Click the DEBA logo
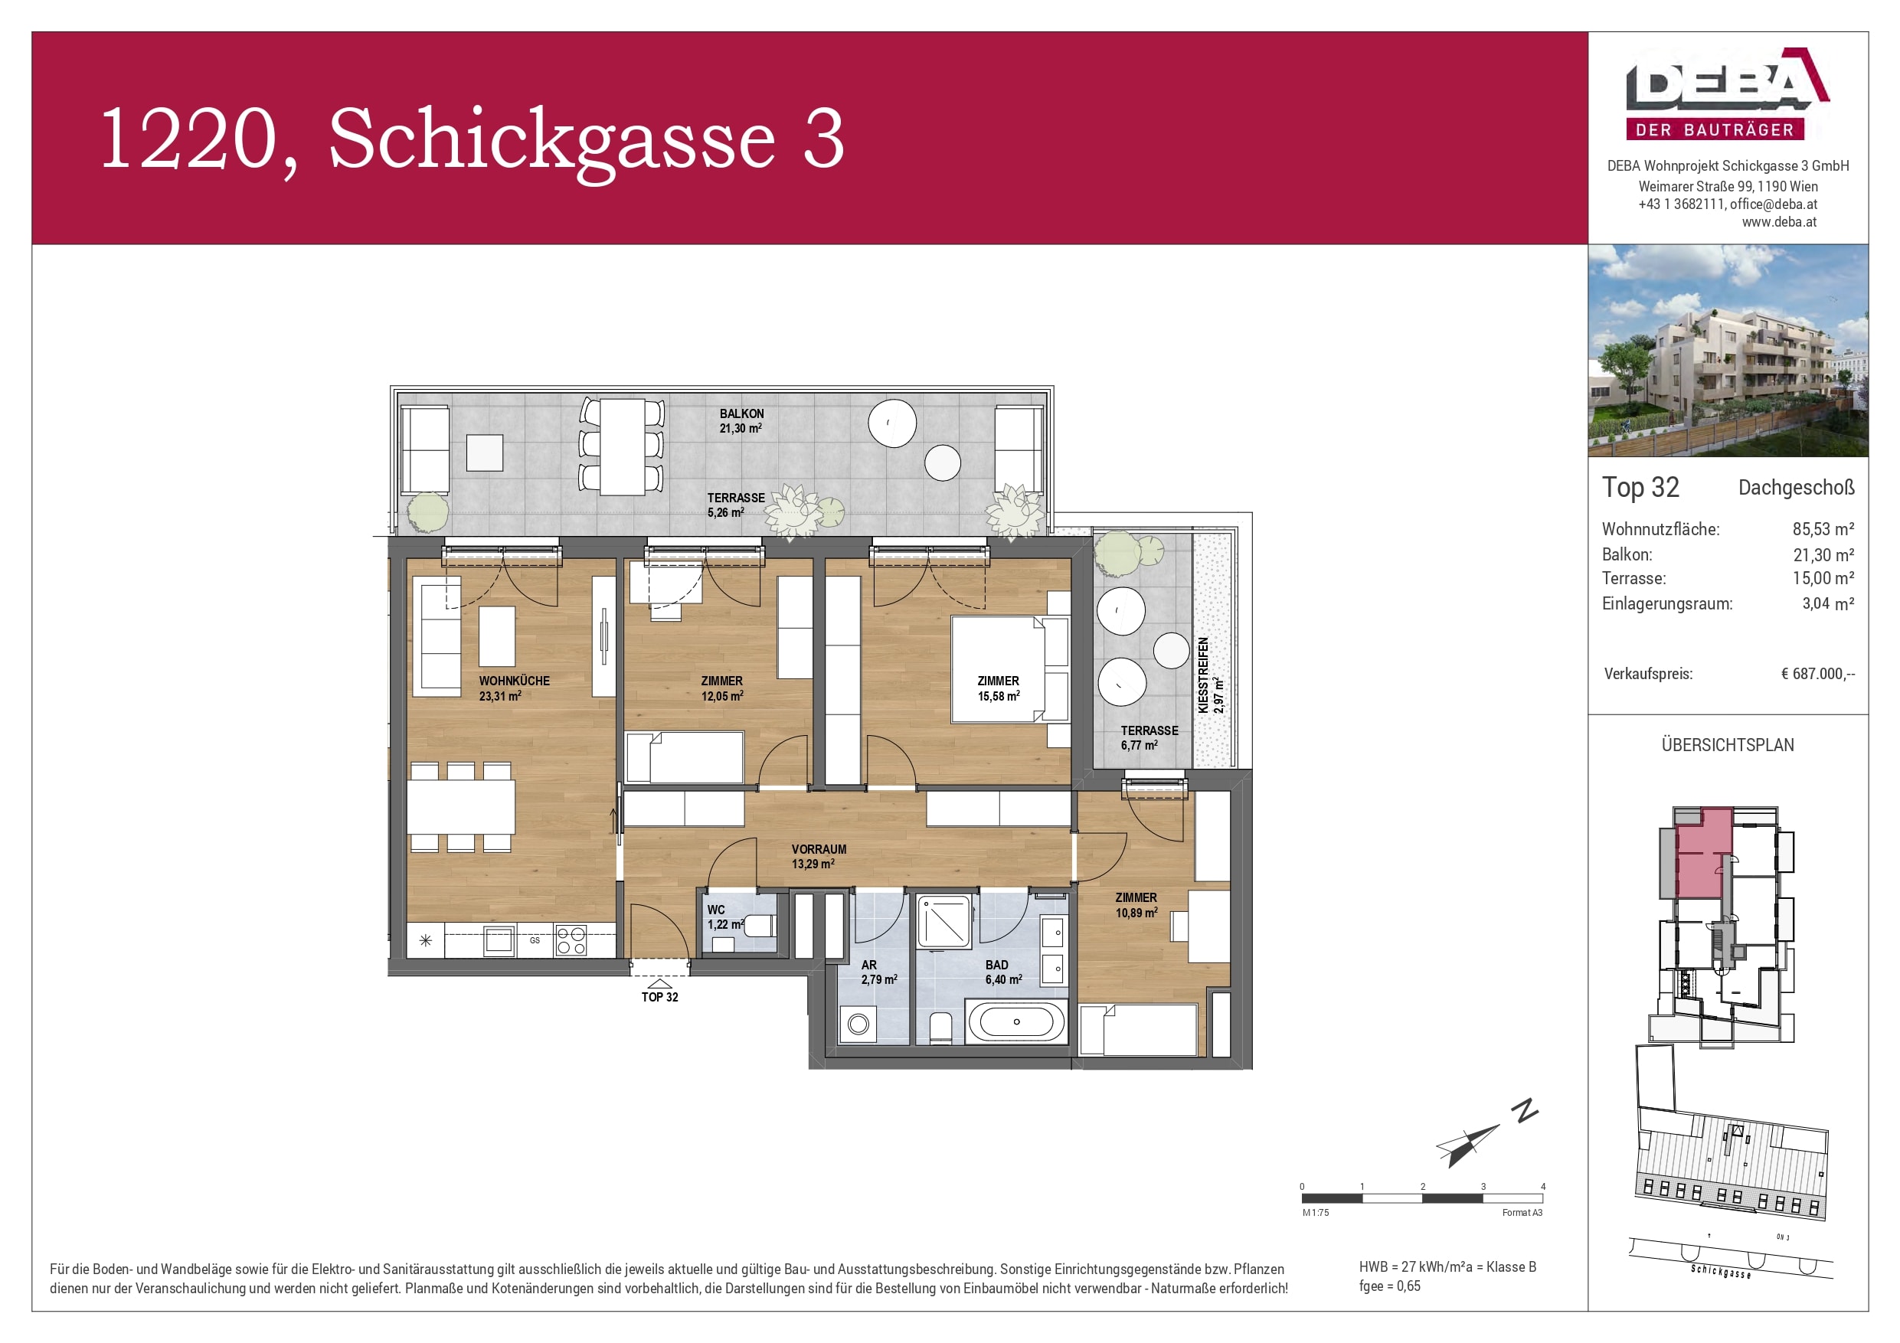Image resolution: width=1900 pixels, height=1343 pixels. tap(1727, 93)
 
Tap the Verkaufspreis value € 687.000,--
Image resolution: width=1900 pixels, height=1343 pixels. tap(1817, 674)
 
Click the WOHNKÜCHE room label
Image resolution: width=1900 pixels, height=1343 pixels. tap(514, 681)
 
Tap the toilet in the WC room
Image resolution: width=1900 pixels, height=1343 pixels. tap(757, 925)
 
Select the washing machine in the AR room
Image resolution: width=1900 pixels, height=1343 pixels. tap(858, 1024)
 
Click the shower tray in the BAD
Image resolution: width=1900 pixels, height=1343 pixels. tap(943, 921)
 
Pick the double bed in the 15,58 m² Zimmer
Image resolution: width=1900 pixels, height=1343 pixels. tap(997, 668)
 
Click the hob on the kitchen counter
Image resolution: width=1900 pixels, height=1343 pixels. tap(571, 941)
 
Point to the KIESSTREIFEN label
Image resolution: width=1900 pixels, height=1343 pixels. tap(1203, 675)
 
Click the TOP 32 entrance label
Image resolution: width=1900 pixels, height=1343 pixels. tap(659, 997)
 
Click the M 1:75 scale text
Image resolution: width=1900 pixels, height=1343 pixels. tap(1316, 1212)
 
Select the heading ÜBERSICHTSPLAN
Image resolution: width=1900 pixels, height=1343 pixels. tap(1727, 745)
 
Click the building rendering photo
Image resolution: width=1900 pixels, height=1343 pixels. tap(1727, 350)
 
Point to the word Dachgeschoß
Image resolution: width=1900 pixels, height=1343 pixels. tap(1796, 488)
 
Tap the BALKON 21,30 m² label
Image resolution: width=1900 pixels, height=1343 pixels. tap(741, 420)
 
